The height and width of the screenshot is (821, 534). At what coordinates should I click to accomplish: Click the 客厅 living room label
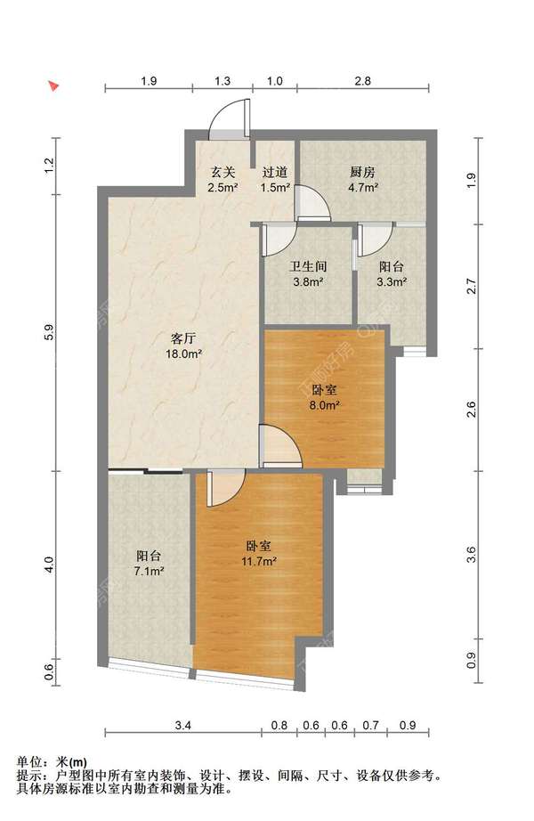click(183, 337)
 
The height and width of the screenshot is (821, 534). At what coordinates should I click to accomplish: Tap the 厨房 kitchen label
click(363, 172)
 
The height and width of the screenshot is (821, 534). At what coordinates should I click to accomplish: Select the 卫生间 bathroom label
click(308, 266)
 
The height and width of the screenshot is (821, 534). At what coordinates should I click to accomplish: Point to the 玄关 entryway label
click(223, 172)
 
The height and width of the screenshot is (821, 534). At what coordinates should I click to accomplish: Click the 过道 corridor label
click(275, 172)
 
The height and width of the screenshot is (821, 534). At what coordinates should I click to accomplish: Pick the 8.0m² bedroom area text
click(325, 405)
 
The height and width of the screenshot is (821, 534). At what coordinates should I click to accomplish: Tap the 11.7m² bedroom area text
click(259, 561)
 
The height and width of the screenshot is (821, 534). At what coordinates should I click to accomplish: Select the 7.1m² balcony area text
click(149, 571)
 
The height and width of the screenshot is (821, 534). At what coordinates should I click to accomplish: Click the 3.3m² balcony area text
click(392, 282)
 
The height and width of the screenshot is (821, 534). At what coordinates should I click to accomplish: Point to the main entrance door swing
click(228, 118)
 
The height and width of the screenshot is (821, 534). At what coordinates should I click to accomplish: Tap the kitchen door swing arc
click(312, 202)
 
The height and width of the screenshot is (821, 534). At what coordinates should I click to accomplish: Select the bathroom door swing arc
click(279, 240)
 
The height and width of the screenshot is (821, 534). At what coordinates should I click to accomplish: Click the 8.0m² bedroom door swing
click(280, 445)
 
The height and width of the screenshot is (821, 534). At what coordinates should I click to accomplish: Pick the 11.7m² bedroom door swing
click(226, 488)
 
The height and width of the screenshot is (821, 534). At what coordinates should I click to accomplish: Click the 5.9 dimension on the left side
click(49, 333)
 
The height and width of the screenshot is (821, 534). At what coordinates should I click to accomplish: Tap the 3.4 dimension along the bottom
click(183, 725)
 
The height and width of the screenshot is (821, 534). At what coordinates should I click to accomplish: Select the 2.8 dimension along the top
click(363, 81)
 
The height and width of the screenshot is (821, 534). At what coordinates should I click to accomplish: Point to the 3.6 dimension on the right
click(472, 555)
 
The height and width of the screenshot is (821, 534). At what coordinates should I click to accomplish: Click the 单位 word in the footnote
click(28, 762)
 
